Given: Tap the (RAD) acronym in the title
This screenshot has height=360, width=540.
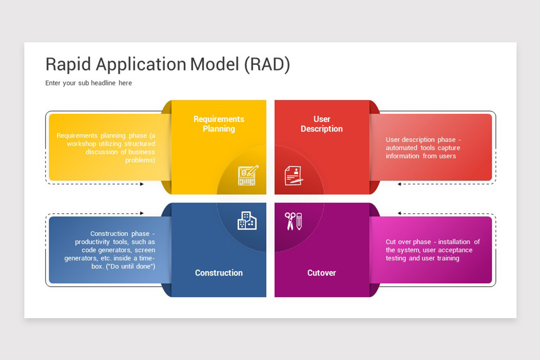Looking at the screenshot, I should pyautogui.click(x=267, y=65).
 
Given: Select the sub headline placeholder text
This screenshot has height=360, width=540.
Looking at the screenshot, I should pyautogui.click(x=89, y=83).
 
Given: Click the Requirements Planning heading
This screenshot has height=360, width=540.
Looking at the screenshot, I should pyautogui.click(x=219, y=124).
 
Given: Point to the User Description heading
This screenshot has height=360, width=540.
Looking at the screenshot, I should pyautogui.click(x=321, y=124).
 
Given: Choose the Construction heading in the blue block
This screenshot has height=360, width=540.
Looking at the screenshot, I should pyautogui.click(x=219, y=273).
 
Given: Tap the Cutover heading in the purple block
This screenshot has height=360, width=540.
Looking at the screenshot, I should pyautogui.click(x=321, y=273).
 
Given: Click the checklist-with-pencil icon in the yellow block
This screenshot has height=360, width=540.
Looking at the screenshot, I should pyautogui.click(x=248, y=175).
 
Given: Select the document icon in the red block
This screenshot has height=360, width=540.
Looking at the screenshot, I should pyautogui.click(x=293, y=175).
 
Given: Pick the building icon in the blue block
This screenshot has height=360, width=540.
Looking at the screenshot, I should pyautogui.click(x=247, y=220).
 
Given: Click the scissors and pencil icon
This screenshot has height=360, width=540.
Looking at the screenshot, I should pyautogui.click(x=293, y=221).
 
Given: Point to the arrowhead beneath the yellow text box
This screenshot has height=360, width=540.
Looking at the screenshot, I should pyautogui.click(x=142, y=184).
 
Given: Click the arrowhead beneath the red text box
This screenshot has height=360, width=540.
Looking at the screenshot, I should pyautogui.click(x=399, y=184).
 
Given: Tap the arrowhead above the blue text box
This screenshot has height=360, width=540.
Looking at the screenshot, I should pyautogui.click(x=142, y=213).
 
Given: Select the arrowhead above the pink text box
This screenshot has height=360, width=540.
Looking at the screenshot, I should pyautogui.click(x=399, y=213).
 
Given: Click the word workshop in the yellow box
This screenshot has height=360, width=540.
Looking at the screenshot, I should pyautogui.click(x=81, y=144).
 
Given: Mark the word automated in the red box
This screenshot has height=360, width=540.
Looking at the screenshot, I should pyautogui.click(x=401, y=148).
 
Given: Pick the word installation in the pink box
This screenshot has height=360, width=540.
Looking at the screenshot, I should pyautogui.click(x=454, y=242).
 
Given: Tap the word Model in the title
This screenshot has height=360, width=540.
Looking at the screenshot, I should pyautogui.click(x=215, y=65).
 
